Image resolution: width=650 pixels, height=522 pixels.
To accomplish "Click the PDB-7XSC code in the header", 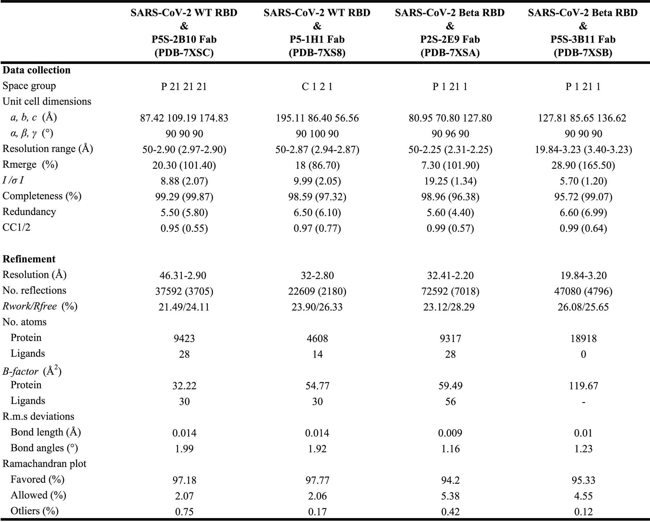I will click(x=184, y=53).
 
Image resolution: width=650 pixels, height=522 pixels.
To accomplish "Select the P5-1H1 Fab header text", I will click(x=317, y=39).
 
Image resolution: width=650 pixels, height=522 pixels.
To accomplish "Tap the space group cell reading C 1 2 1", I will click(x=317, y=87).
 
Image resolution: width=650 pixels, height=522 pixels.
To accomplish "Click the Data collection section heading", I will click(x=36, y=70).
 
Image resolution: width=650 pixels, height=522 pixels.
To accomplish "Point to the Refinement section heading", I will click(x=29, y=259).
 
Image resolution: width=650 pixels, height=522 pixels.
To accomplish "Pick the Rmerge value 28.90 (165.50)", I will click(x=583, y=165).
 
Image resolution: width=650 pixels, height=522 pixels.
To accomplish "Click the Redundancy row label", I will click(x=29, y=212).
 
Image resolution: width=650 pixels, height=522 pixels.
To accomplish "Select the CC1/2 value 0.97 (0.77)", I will click(x=317, y=228).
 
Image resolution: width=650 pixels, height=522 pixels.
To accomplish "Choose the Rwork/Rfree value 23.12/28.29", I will click(x=450, y=307).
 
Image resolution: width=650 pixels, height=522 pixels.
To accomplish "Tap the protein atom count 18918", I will click(x=583, y=339).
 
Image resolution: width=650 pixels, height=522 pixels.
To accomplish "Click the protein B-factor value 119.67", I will click(x=583, y=386).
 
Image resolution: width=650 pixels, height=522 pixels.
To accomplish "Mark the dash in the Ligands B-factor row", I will click(x=583, y=402).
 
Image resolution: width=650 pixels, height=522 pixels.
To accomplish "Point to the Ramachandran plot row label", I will click(x=44, y=464).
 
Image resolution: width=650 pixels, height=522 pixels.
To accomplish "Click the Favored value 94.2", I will click(x=450, y=480).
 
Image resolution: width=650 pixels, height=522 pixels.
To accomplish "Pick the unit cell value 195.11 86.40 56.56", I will click(x=317, y=118).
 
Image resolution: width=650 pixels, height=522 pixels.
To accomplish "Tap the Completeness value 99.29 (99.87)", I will click(x=184, y=197).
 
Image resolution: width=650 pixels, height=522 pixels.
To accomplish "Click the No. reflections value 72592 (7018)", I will click(x=450, y=291).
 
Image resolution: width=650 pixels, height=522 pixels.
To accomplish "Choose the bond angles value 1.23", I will click(x=583, y=449).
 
